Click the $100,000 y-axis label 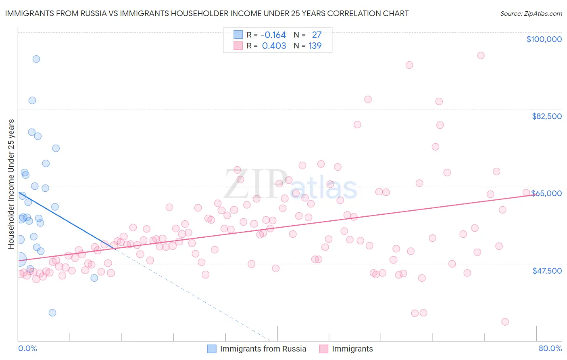click(x=544, y=39)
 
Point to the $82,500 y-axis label click(x=546, y=116)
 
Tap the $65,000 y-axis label click(x=546, y=193)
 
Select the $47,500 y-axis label click(x=547, y=271)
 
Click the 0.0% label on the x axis click(x=27, y=348)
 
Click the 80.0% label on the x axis click(x=550, y=348)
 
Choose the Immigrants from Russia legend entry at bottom click(x=263, y=349)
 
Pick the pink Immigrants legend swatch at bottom click(x=323, y=349)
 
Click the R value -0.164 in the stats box click(x=273, y=35)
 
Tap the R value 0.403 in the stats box click(x=274, y=46)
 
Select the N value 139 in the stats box click(x=315, y=46)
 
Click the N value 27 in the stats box click(x=317, y=35)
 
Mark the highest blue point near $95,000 click(x=36, y=59)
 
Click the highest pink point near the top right click(x=481, y=56)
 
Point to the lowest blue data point click(x=52, y=313)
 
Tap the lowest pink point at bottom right click(x=505, y=322)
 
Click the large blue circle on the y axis click(x=20, y=259)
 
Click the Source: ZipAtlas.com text click(x=531, y=14)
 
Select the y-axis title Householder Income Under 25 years click(x=11, y=184)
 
